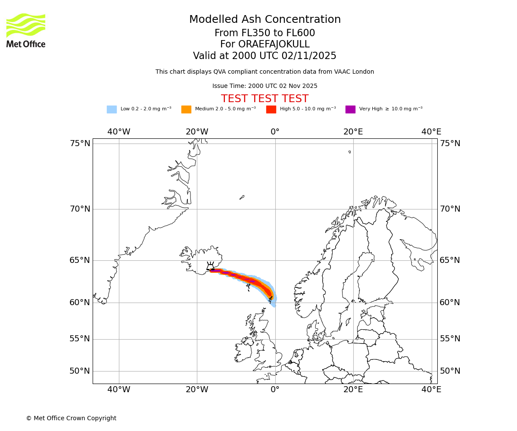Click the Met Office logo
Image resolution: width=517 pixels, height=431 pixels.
(26, 30)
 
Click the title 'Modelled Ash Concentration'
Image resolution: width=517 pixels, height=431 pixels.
(265, 20)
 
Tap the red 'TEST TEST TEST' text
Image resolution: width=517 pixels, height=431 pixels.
(265, 99)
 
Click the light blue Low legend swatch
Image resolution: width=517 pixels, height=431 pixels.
(112, 109)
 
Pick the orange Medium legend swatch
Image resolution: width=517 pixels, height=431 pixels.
(186, 109)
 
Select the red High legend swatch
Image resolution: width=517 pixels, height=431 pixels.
(271, 109)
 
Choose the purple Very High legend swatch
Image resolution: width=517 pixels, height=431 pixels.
(350, 109)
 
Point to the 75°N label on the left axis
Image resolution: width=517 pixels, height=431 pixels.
(80, 144)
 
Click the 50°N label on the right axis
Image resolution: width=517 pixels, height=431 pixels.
(450, 371)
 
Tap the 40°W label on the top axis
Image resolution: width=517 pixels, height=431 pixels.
(119, 132)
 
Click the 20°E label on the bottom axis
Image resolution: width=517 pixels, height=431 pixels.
(353, 390)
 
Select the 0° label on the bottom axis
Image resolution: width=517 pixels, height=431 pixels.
(275, 390)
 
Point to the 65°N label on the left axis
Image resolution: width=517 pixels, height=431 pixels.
(80, 260)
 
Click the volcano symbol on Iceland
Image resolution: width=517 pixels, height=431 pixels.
(211, 267)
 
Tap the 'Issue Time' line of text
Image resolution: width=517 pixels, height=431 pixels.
(265, 86)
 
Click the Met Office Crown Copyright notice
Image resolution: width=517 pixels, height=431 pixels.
(71, 418)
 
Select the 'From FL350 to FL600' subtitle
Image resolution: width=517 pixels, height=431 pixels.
(265, 33)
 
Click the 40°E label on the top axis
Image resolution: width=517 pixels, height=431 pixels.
(431, 132)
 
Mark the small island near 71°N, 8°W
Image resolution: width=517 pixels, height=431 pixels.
(242, 197)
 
